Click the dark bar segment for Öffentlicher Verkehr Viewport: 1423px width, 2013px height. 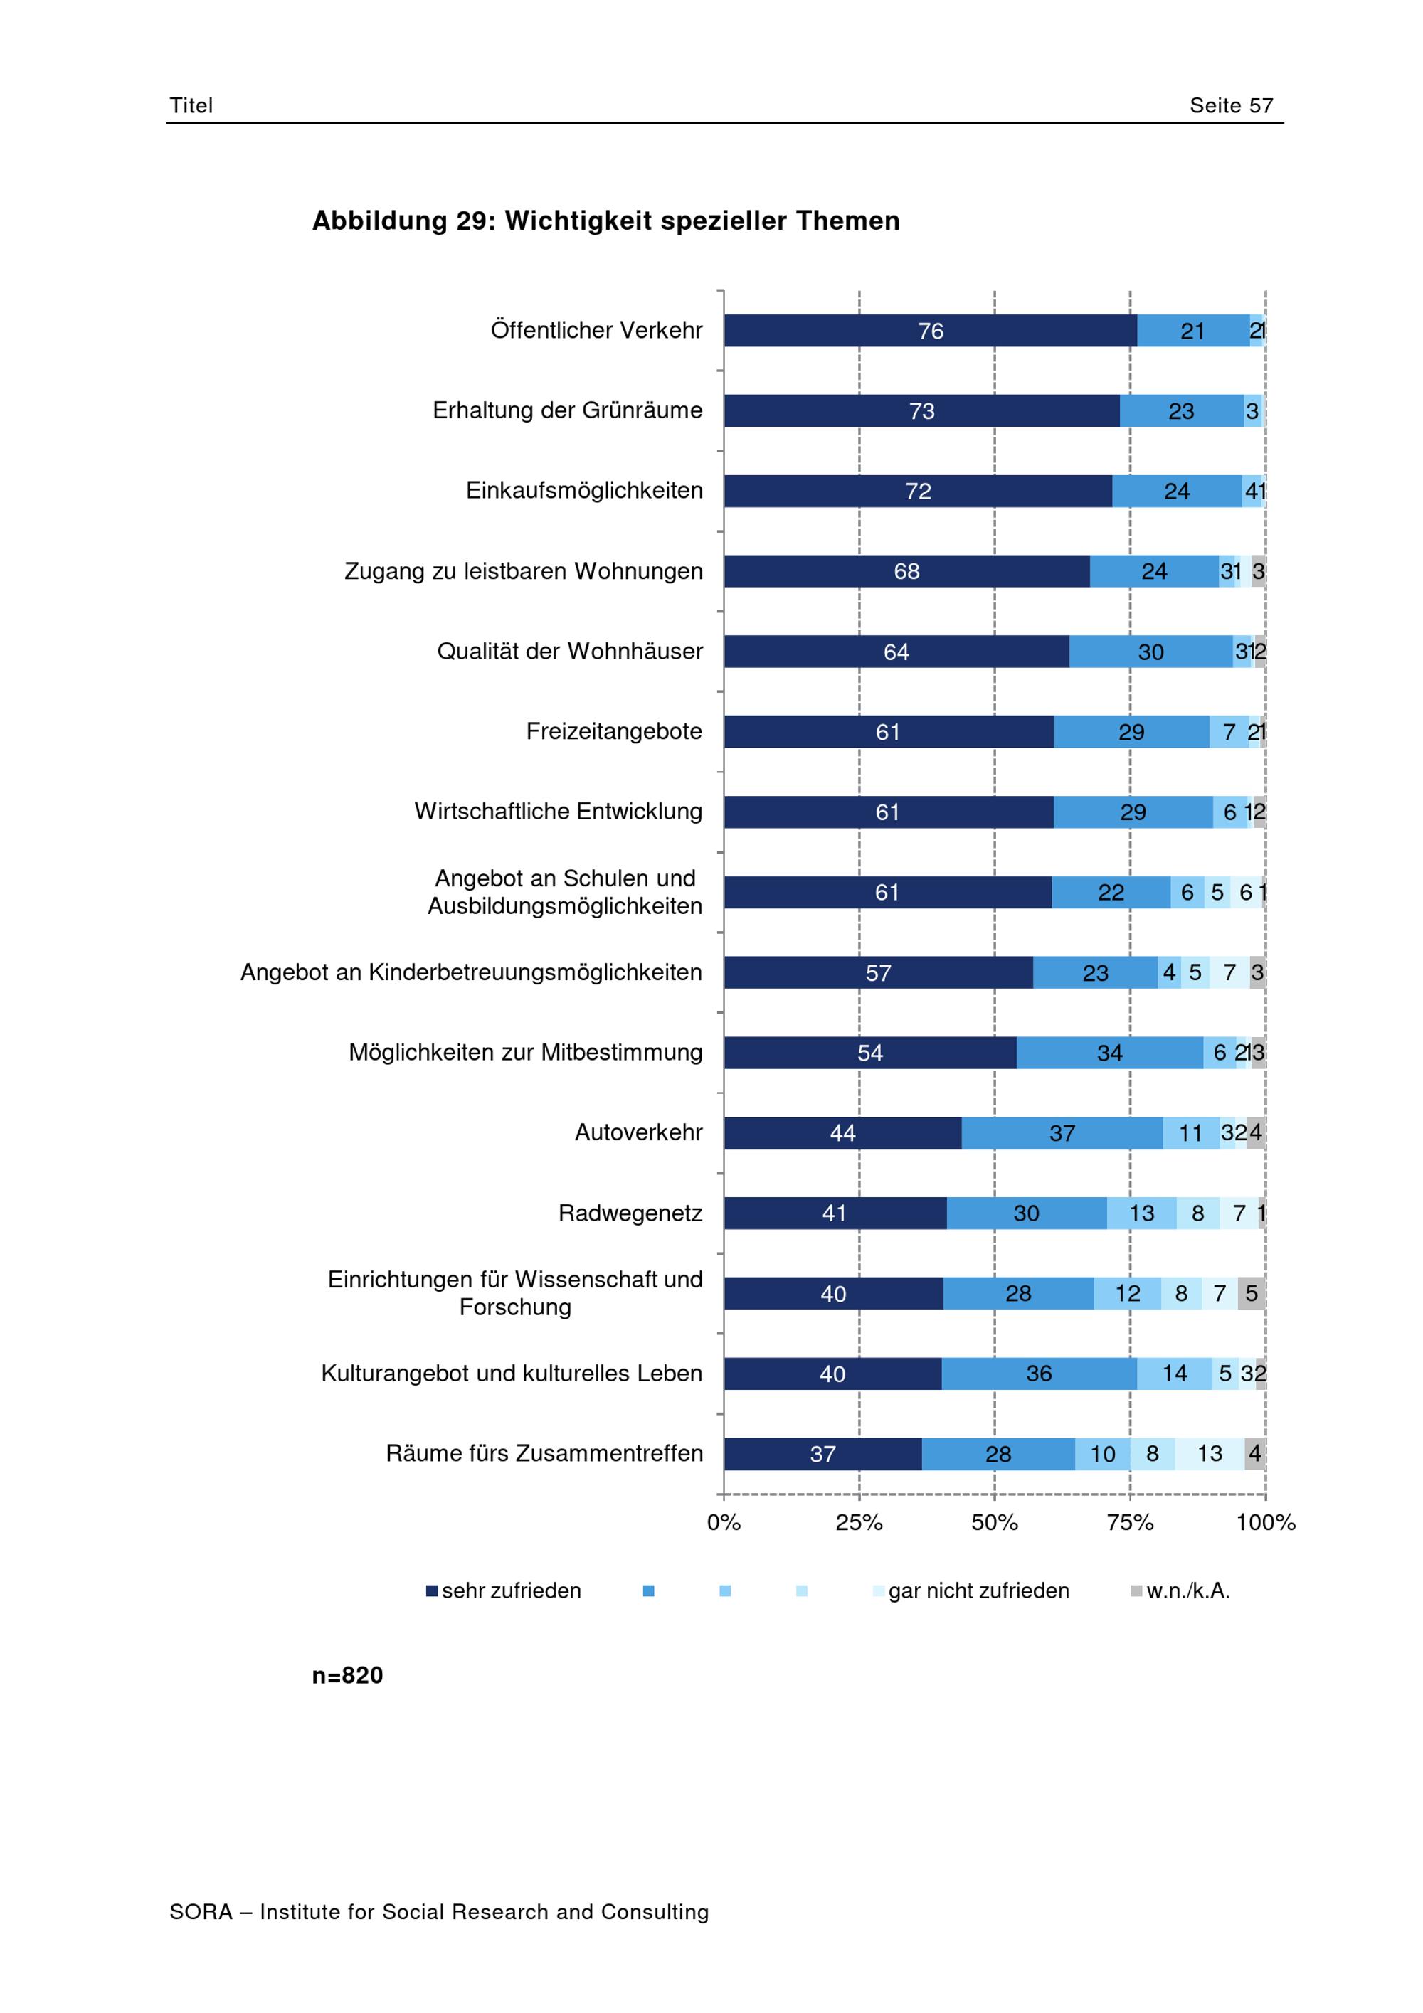[x=929, y=331]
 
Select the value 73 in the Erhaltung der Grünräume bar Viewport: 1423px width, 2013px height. [x=921, y=411]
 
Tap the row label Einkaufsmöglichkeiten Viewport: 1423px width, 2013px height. [x=584, y=491]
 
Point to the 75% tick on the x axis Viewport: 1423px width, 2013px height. [x=1129, y=1523]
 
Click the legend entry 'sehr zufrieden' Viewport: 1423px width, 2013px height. [x=510, y=1591]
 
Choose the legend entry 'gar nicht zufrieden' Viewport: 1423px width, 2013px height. [x=978, y=1591]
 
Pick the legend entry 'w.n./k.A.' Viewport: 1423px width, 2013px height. [x=1187, y=1591]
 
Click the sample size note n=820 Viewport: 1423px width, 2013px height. [x=347, y=1675]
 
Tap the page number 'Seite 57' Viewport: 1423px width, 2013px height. [x=1230, y=106]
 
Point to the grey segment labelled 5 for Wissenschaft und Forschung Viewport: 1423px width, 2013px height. [x=1251, y=1293]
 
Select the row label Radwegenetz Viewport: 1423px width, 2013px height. [x=630, y=1213]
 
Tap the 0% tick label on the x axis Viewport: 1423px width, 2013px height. [x=724, y=1523]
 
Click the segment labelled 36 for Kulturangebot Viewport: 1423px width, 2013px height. [x=1039, y=1374]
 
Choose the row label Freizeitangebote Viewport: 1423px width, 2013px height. [x=614, y=731]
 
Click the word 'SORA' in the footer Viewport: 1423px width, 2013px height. [x=201, y=1912]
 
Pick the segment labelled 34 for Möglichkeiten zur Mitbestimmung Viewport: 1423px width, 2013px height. [x=1109, y=1053]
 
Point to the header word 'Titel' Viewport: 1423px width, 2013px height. [x=191, y=106]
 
